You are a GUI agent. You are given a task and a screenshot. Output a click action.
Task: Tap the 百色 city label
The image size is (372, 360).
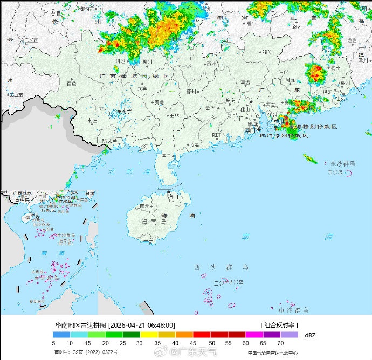click(71, 83)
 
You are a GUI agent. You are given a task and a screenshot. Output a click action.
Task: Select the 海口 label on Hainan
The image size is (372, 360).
click(172, 197)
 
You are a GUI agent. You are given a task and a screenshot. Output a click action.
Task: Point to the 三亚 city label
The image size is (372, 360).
click(148, 238)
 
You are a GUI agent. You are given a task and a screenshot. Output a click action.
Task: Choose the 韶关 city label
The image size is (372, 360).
click(266, 52)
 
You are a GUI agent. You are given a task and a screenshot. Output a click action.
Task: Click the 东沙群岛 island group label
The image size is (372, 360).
click(343, 163)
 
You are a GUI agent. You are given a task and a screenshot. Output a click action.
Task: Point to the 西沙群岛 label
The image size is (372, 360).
click(221, 267)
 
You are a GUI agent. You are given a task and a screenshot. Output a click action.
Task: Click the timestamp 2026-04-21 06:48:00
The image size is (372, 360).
click(142, 326)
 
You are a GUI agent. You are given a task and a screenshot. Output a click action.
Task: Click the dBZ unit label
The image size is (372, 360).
click(311, 335)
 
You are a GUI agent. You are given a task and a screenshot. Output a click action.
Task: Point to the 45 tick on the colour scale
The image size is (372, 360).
click(192, 343)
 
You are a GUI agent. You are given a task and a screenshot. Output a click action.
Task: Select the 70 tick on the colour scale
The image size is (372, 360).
click(280, 343)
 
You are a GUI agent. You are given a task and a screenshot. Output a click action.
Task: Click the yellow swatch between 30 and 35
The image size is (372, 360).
click(149, 335)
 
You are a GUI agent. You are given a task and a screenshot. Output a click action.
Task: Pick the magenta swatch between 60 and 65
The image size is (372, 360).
click(254, 335)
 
